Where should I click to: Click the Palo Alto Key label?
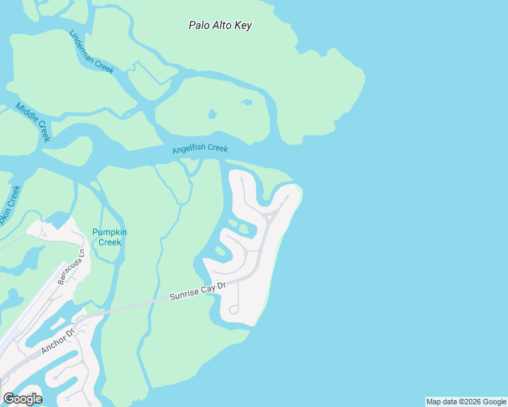pyautogui.click(x=220, y=26)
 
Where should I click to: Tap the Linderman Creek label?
pyautogui.click(x=91, y=52)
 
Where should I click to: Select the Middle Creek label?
pyautogui.click(x=33, y=121)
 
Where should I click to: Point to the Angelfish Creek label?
pyautogui.click(x=200, y=149)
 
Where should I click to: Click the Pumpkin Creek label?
pyautogui.click(x=109, y=237)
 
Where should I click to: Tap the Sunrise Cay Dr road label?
pyautogui.click(x=197, y=292)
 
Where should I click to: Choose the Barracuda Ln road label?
pyautogui.click(x=71, y=267)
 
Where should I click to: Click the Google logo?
pyautogui.click(x=22, y=398)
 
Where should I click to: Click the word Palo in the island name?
pyautogui.click(x=200, y=26)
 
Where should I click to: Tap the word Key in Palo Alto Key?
pyautogui.click(x=242, y=26)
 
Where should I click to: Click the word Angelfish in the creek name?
pyautogui.click(x=189, y=149)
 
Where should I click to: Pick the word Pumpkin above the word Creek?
pyautogui.click(x=109, y=233)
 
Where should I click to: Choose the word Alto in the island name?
pyautogui.click(x=221, y=26)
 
